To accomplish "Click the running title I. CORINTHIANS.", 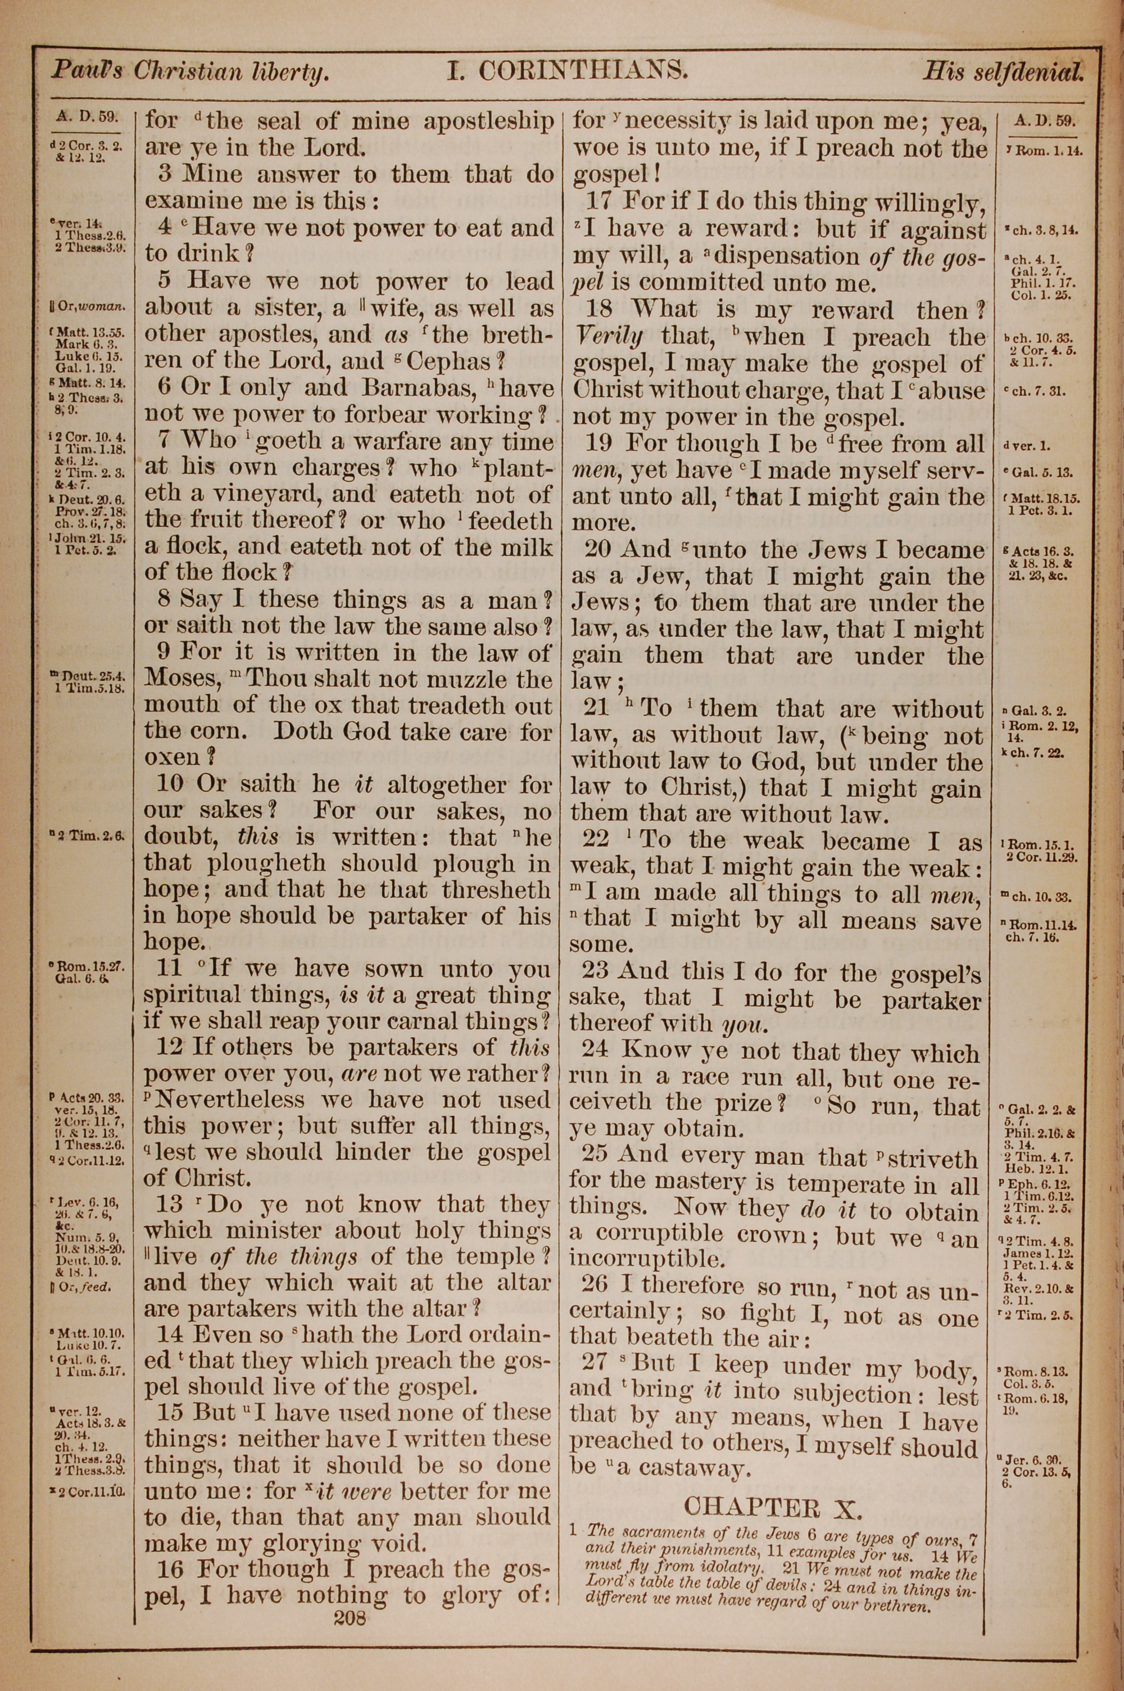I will (568, 70).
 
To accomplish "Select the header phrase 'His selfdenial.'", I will (1002, 72).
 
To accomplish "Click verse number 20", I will (599, 550).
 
